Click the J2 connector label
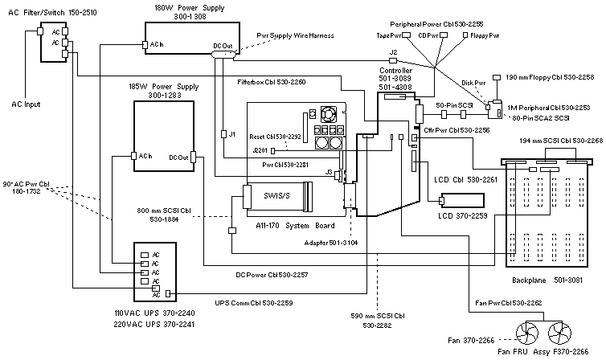(393, 52)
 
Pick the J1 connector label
(231, 133)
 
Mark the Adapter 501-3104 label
(335, 242)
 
